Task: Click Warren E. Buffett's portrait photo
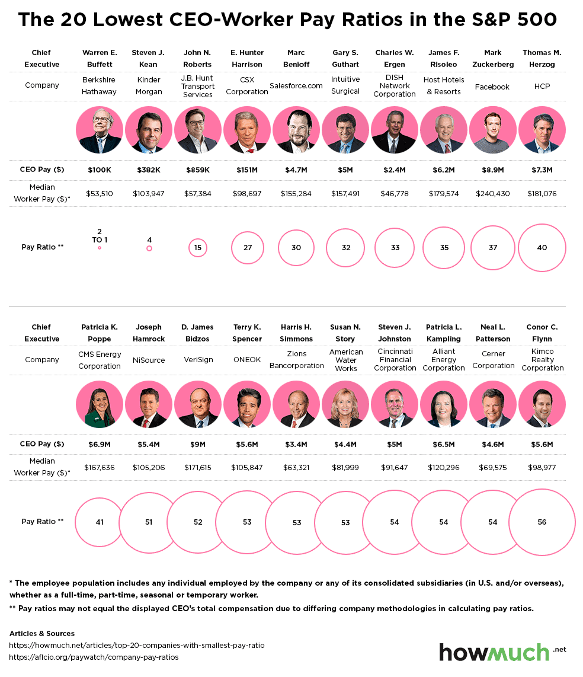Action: [x=100, y=130]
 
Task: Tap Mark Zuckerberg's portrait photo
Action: [x=492, y=130]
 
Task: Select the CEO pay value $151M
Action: [x=247, y=170]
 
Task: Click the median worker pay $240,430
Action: [x=492, y=193]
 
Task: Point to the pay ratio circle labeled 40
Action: [x=542, y=248]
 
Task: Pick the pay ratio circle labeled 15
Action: [x=198, y=248]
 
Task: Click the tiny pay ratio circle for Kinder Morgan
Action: [x=149, y=248]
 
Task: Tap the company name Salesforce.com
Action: [x=296, y=85]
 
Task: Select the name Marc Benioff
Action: [x=296, y=58]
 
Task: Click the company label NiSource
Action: [x=149, y=360]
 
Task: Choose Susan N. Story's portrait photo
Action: [x=345, y=404]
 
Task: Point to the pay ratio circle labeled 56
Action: [x=542, y=522]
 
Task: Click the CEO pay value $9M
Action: [x=198, y=444]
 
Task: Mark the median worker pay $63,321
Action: [x=296, y=467]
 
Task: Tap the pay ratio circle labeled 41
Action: [x=100, y=522]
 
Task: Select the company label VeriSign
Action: [x=198, y=360]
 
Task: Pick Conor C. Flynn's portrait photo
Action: [x=542, y=404]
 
